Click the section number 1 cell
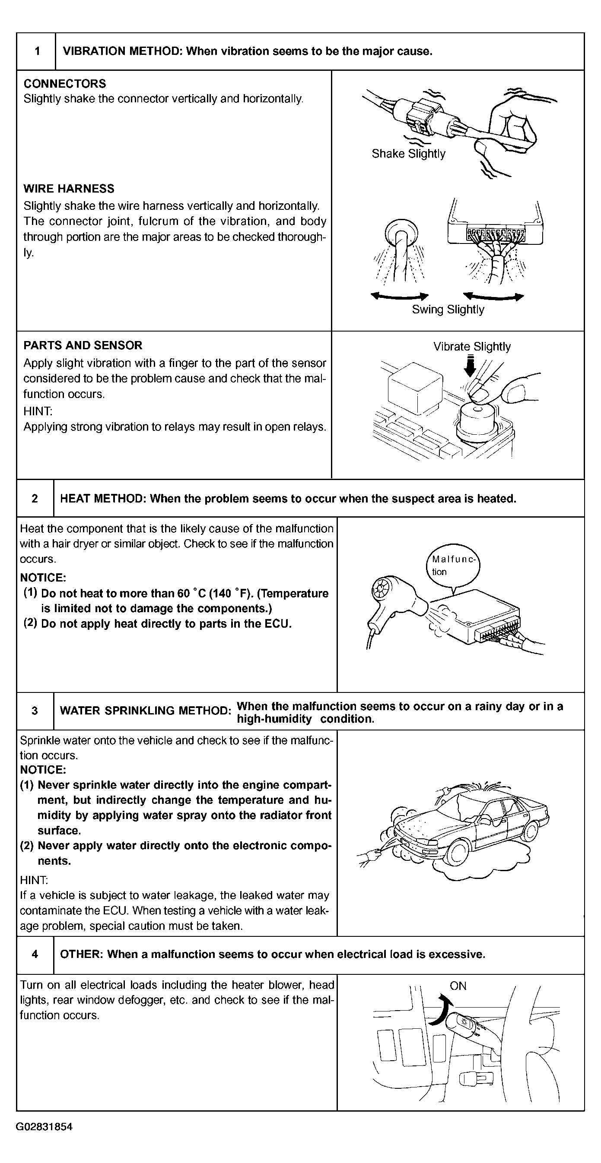point(37,51)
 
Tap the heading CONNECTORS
point(65,83)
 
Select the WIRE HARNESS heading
point(69,189)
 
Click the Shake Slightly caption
point(408,154)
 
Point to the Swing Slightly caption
point(448,310)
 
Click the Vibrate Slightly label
point(472,347)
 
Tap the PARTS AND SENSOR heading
point(83,345)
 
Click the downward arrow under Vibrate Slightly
point(471,366)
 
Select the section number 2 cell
point(35,499)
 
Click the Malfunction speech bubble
point(452,566)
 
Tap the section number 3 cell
point(35,711)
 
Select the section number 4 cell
point(35,954)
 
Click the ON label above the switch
point(458,986)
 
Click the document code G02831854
point(44,1127)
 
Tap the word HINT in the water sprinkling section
point(34,880)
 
